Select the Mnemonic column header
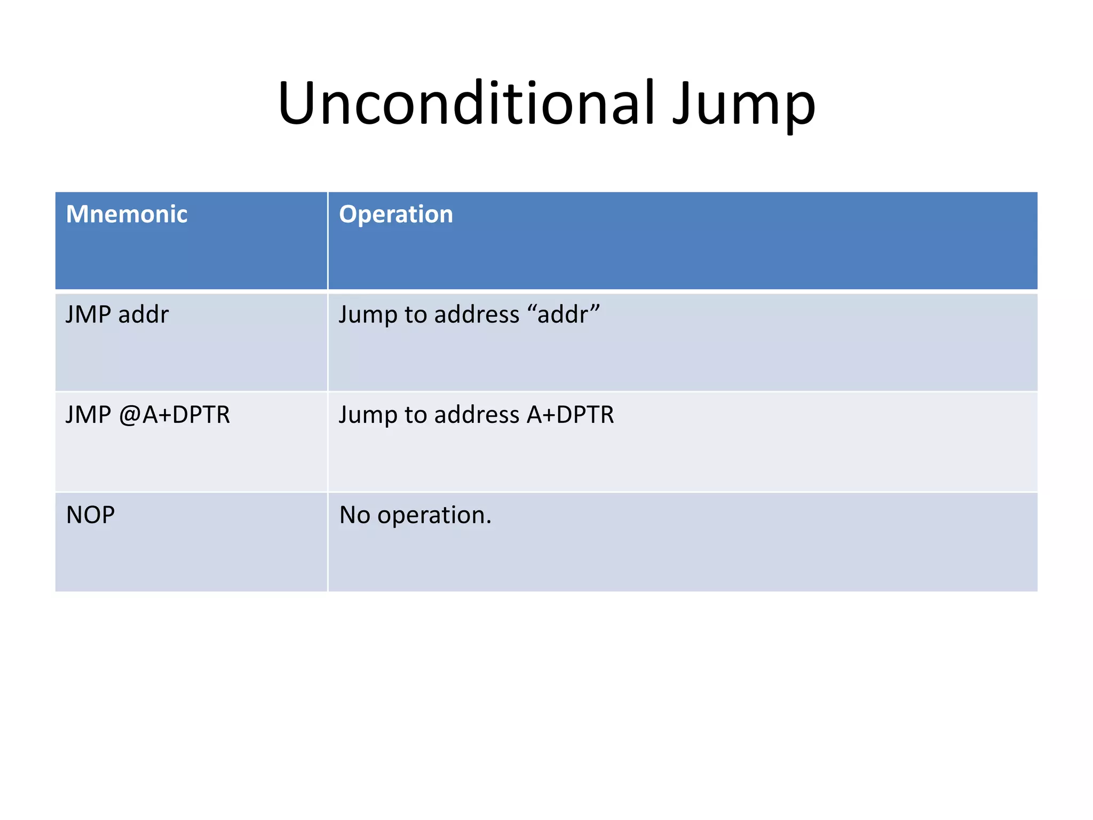pos(126,214)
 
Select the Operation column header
pos(395,214)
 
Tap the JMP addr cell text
pos(117,314)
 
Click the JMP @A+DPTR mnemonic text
pos(148,415)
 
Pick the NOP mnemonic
pos(90,515)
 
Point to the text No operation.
pos(415,515)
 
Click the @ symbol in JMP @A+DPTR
pos(129,415)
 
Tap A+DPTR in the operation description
pos(570,415)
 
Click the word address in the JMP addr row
pos(477,314)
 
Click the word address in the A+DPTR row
pos(477,415)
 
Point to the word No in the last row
pos(354,515)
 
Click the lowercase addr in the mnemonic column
pos(143,314)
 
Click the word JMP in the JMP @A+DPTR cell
pos(88,415)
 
